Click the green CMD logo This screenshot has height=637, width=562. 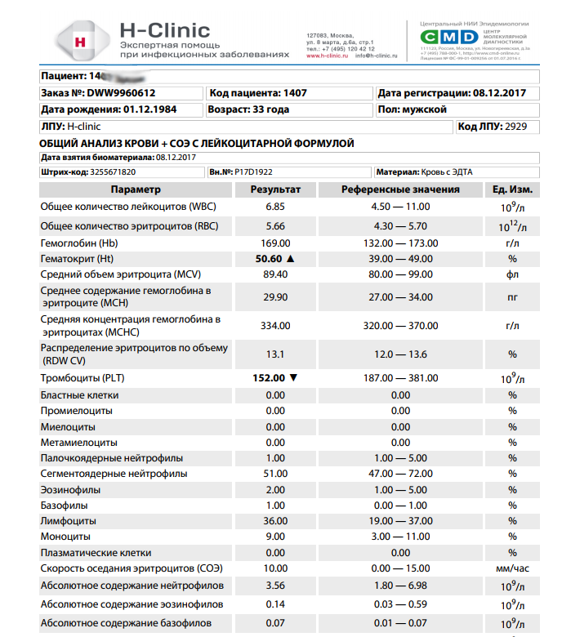coord(448,38)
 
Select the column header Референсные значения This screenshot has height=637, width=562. coord(400,189)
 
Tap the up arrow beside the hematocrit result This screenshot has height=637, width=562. coord(289,258)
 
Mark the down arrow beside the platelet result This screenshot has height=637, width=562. coord(293,378)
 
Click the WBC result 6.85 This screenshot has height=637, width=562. coord(275,207)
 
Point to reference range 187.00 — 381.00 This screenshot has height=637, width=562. coord(400,378)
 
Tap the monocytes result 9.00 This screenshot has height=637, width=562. coord(275,536)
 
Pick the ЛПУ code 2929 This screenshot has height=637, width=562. coord(516,127)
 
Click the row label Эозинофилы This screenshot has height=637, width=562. coord(71,489)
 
